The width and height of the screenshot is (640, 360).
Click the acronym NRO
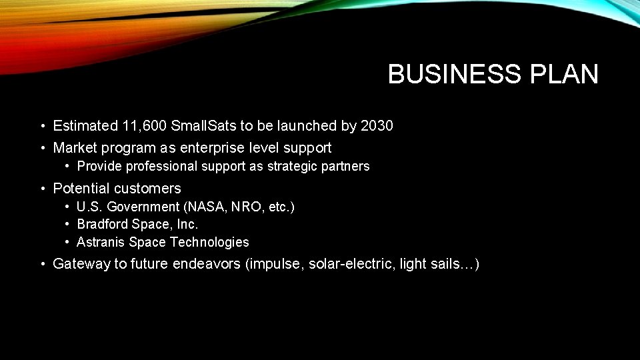pyautogui.click(x=244, y=207)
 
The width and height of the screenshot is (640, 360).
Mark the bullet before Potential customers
pyautogui.click(x=42, y=189)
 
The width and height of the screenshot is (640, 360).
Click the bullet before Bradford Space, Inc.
pyautogui.click(x=68, y=225)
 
